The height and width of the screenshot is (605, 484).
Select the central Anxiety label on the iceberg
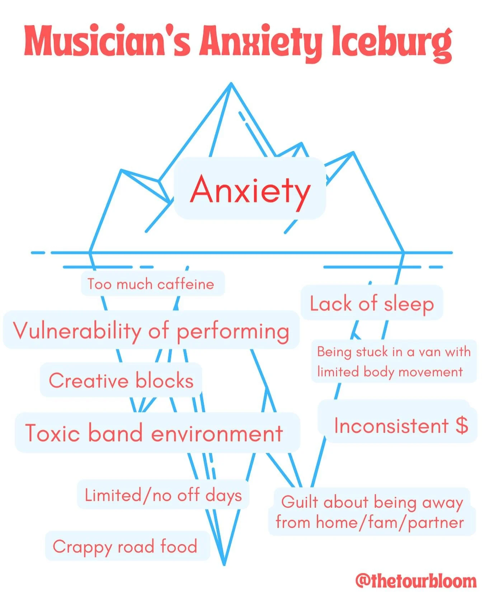tap(250, 189)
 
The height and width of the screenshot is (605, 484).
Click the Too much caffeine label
tap(151, 284)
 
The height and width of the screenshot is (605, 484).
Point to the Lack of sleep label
tap(372, 304)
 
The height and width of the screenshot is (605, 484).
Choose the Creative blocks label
tap(121, 381)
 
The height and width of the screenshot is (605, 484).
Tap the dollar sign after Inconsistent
tap(462, 425)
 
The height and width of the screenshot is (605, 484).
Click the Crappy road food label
tap(125, 546)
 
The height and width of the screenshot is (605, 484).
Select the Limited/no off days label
tap(163, 495)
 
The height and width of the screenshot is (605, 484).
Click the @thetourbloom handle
tap(415, 580)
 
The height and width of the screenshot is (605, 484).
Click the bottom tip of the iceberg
tap(224, 564)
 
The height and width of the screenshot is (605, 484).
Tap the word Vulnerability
tap(77, 331)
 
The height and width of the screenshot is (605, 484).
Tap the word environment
tap(217, 433)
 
